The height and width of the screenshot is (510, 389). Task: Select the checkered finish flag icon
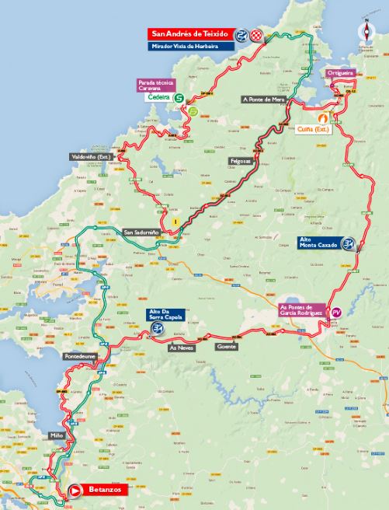coord(255,35)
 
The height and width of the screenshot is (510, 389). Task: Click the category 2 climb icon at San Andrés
coord(241,35)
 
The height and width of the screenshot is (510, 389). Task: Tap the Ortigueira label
coord(340,73)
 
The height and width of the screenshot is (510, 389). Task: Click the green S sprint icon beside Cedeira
coord(180,99)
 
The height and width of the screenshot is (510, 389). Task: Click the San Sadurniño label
coord(141,232)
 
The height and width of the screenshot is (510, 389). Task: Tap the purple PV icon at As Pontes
coord(336,312)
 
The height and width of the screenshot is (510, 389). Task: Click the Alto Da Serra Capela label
coord(167,315)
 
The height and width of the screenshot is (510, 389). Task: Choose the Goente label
coord(226,347)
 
